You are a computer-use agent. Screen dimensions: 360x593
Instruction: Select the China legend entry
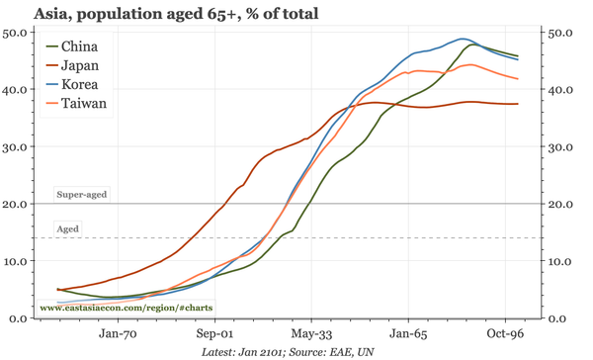tap(78, 46)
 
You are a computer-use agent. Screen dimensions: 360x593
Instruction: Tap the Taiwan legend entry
tap(82, 103)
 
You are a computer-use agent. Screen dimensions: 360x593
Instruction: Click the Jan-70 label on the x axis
tap(119, 335)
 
